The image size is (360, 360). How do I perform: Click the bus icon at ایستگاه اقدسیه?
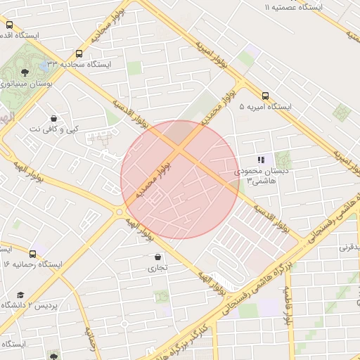[x=9, y=25]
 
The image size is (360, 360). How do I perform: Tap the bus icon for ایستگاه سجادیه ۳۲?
[x=79, y=53]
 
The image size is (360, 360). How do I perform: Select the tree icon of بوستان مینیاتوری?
[x=25, y=72]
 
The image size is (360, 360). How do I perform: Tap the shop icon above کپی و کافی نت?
[x=54, y=118]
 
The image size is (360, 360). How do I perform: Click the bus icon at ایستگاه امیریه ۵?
[x=265, y=96]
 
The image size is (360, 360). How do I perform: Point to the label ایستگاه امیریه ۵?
[x=265, y=107]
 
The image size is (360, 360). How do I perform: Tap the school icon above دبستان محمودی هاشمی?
[x=262, y=160]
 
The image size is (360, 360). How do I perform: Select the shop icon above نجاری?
[x=157, y=257]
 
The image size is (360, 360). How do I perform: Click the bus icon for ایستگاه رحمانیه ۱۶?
[x=33, y=254]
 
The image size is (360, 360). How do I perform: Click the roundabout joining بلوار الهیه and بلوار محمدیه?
[x=119, y=212]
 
